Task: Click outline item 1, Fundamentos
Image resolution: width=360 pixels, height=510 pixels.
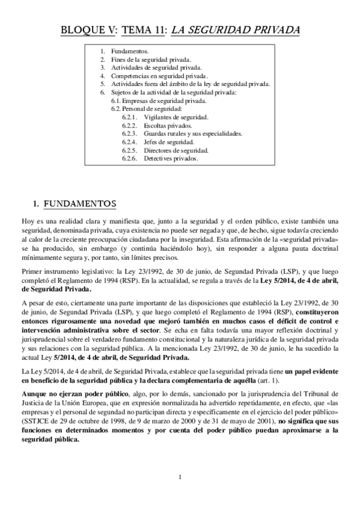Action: [130, 52]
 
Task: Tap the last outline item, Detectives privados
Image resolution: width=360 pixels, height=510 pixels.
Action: [170, 159]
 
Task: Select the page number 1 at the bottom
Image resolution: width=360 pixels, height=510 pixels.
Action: [180, 478]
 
